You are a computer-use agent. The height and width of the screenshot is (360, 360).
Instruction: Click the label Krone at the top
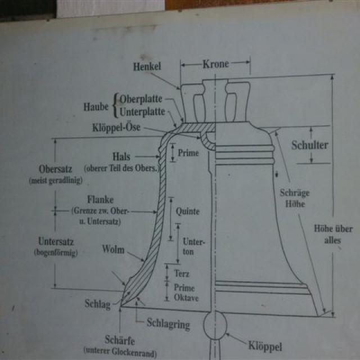point(216,64)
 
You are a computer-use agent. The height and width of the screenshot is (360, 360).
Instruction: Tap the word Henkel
point(147,67)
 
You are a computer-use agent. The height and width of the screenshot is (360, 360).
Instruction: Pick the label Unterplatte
point(142,111)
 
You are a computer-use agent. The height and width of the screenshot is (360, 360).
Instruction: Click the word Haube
point(96,106)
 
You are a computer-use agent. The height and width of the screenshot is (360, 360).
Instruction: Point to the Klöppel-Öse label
point(116,128)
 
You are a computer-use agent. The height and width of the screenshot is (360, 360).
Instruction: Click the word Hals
point(122,157)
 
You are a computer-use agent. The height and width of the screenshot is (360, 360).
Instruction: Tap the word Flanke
point(100,200)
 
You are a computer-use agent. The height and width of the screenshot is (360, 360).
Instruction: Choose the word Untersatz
point(56,242)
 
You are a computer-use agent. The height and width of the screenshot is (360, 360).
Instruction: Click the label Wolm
point(113,249)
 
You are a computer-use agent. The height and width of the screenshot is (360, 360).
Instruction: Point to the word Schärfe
point(119,340)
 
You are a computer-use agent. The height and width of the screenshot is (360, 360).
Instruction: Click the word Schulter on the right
point(309,145)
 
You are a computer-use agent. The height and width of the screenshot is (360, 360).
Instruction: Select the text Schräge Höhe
point(295,198)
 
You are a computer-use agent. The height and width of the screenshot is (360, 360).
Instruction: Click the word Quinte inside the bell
point(187,212)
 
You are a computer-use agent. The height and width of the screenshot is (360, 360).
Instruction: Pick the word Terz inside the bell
point(182,273)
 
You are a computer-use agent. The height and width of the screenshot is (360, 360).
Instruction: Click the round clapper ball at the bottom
point(215,327)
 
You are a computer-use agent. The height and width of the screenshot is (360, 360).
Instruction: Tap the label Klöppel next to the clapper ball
point(264,345)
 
